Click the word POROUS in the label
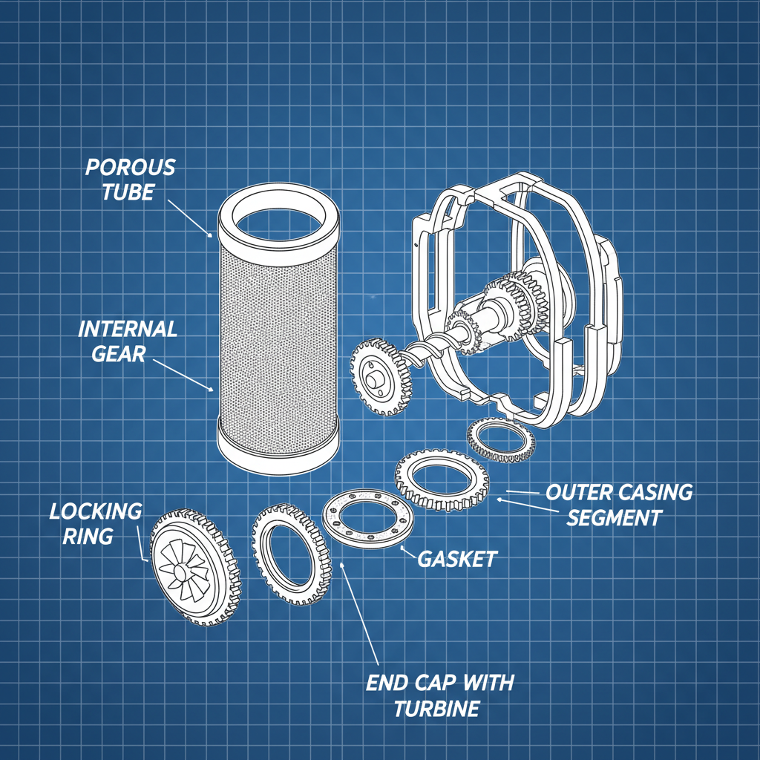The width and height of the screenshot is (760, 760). [131, 167]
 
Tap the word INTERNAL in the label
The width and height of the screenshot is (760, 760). [128, 330]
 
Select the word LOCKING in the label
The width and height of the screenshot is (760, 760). [95, 511]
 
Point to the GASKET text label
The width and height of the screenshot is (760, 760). [456, 559]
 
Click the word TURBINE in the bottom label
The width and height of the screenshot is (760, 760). [436, 709]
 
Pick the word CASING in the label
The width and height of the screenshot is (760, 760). [658, 492]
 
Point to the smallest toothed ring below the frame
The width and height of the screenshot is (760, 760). [500, 442]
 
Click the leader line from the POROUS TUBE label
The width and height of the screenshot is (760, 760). [189, 215]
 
